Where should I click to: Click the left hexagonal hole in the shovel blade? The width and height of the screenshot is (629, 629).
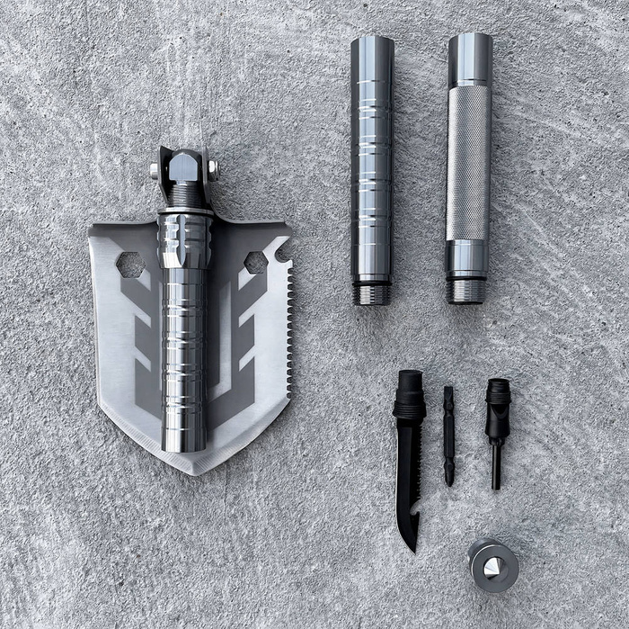pos(130,264)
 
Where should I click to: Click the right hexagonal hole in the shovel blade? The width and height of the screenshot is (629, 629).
pos(255,262)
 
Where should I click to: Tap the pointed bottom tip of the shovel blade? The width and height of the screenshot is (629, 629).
pos(195,470)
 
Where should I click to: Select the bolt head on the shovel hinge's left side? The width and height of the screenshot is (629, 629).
pos(155,169)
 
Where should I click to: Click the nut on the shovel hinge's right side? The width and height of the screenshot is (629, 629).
pos(213,167)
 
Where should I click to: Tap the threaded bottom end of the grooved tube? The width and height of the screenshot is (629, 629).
pos(372,293)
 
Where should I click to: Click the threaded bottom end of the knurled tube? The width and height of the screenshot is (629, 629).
pos(466,292)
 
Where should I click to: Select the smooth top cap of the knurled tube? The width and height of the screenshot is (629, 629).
pos(470,58)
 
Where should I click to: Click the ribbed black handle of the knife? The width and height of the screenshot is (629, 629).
pos(409,396)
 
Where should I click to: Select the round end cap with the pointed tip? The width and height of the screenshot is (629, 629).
pos(493,565)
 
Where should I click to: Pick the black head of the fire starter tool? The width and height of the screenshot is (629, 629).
pos(498,400)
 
